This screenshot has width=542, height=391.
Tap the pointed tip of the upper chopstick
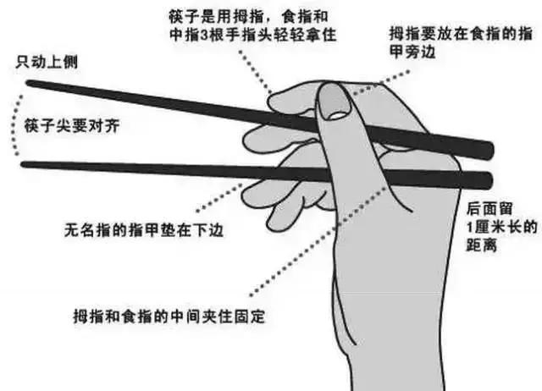(x=28, y=84)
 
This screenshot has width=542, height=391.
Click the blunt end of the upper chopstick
(x=487, y=150)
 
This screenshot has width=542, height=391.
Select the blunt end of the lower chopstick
(x=487, y=179)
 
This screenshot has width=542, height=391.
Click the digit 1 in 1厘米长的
(x=471, y=229)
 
